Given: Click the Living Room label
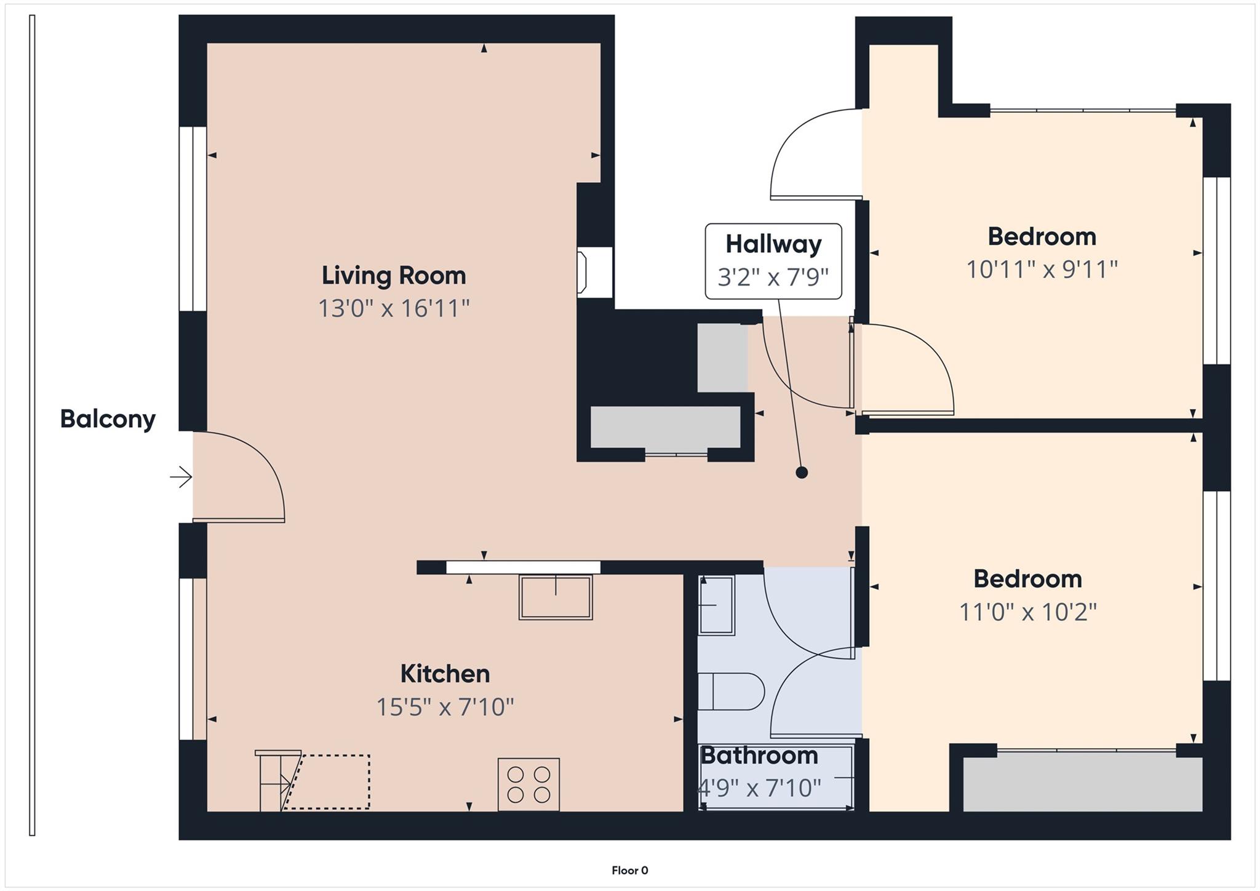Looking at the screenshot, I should (394, 275).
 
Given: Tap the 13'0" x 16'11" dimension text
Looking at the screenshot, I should (394, 308).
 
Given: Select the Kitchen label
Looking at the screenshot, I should (445, 674).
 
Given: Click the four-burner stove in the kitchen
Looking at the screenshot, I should (528, 784).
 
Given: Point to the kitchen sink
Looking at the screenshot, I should (556, 596).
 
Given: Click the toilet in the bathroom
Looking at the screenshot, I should (731, 692).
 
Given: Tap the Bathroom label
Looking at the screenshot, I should (759, 756).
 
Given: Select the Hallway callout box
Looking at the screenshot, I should (773, 261).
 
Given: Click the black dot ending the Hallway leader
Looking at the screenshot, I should (801, 473).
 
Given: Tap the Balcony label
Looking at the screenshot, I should (108, 419).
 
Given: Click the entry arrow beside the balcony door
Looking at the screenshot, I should (181, 477).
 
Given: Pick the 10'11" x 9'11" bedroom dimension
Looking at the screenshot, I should (1042, 270).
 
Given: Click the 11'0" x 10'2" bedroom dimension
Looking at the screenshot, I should (1028, 612).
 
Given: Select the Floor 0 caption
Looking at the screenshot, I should (629, 870).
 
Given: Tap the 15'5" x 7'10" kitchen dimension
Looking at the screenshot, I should (445, 707).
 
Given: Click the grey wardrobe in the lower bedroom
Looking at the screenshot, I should (1082, 784).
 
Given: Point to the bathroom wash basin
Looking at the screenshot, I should (717, 605).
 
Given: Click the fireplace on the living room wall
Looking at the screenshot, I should (594, 272).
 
